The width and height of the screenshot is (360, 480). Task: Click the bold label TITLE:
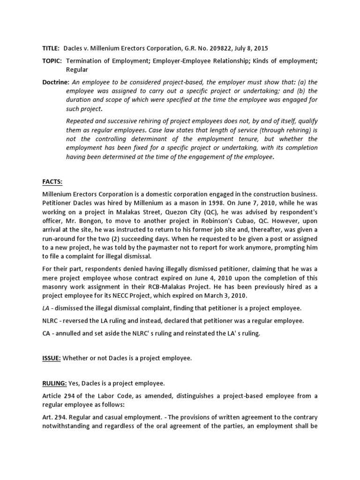tap(50, 48)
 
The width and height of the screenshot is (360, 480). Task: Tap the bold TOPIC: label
tap(51, 61)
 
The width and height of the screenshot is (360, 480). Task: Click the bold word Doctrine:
tap(53, 82)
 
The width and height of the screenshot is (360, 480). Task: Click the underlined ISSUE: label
tap(51, 358)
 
